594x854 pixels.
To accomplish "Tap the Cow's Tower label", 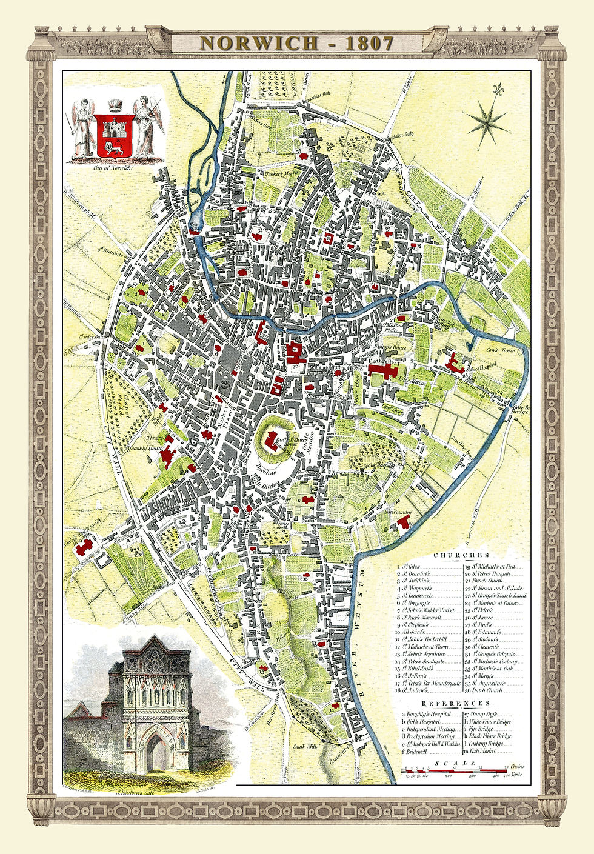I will [x=483, y=351].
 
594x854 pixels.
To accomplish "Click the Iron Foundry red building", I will [x=401, y=525].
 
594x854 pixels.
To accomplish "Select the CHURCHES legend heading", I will [x=461, y=555].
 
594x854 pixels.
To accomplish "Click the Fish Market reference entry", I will [x=481, y=751].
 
